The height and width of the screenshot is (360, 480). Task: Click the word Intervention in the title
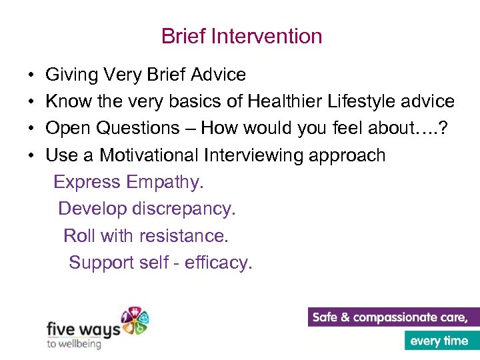274,36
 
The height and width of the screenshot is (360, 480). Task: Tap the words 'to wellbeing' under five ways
73,343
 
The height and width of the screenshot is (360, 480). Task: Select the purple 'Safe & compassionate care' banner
393,317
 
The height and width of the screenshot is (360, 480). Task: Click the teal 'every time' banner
441,341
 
